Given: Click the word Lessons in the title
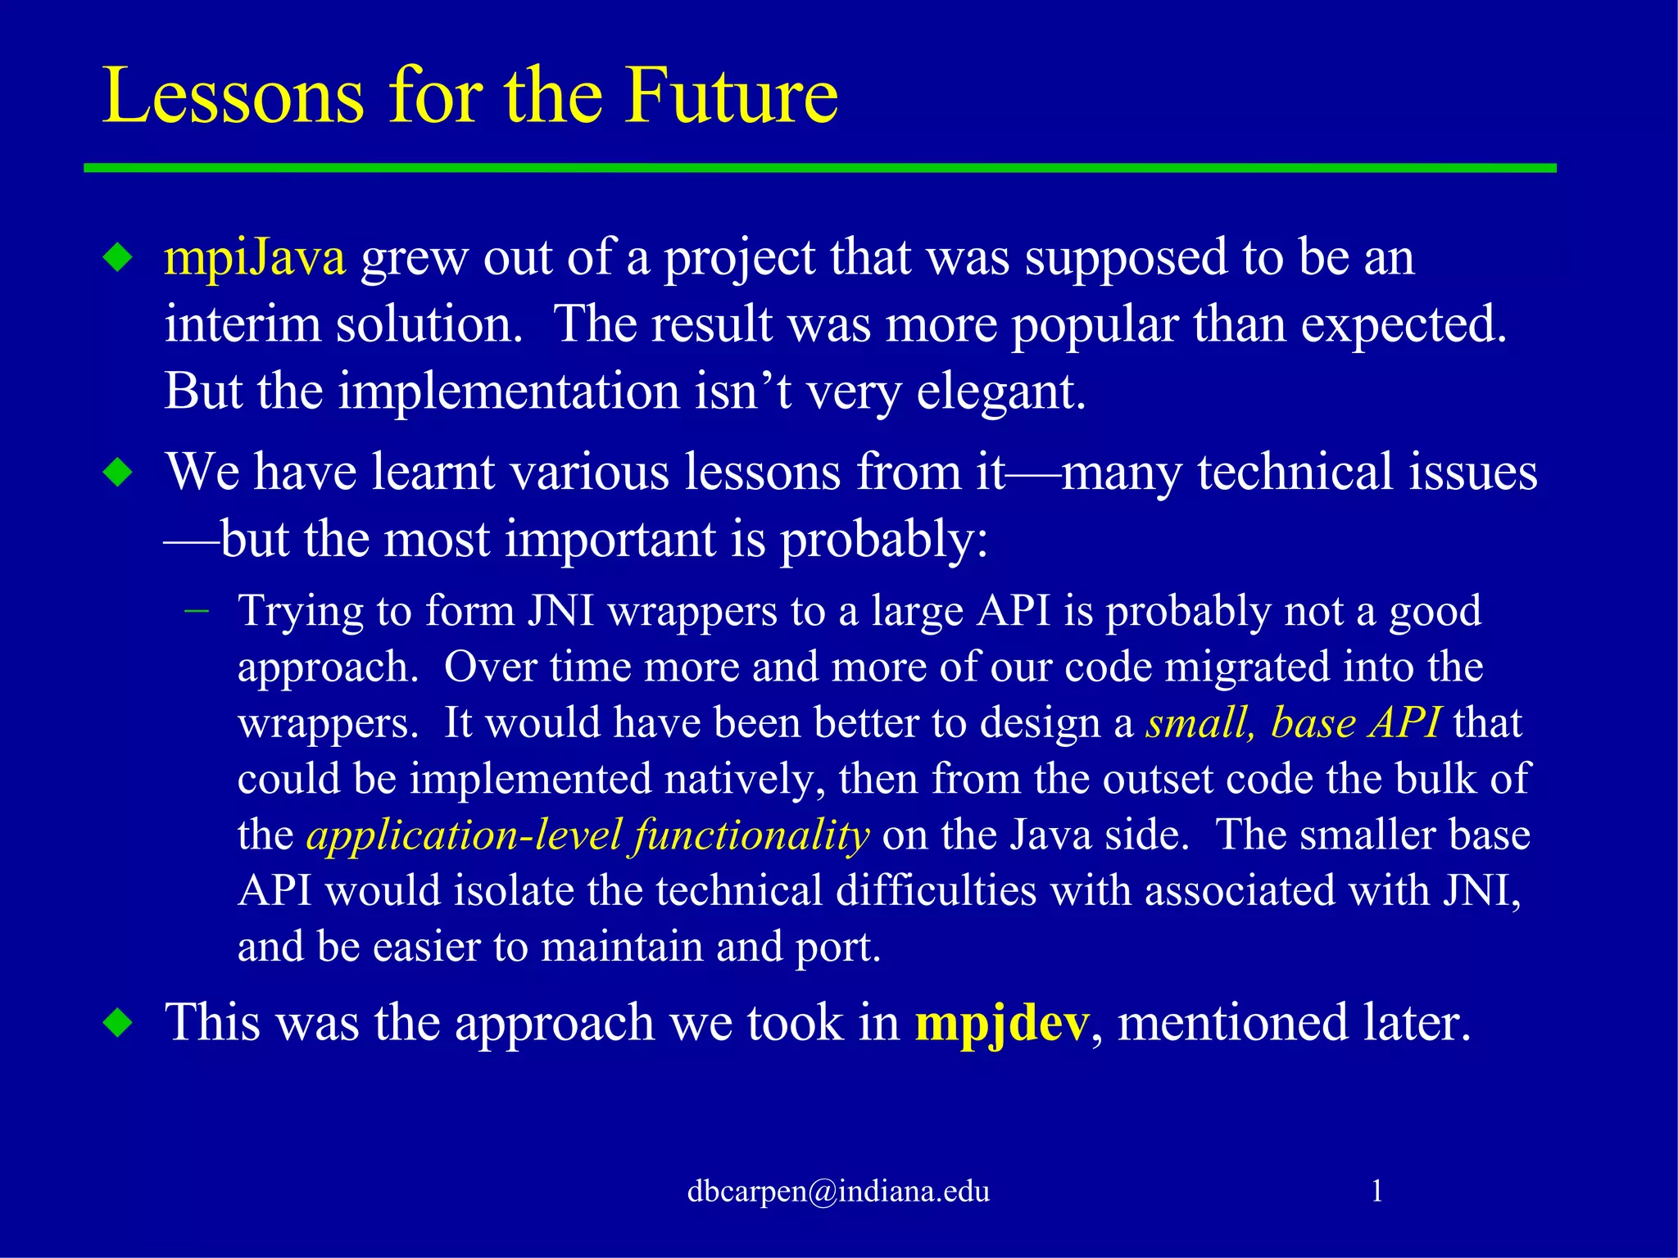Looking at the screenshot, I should point(233,97).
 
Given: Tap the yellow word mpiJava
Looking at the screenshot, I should point(255,258).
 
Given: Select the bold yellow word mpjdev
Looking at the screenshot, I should point(1001,1024).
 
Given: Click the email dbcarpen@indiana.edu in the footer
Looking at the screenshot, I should point(838,1191).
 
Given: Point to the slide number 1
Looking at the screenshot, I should point(1376,1190).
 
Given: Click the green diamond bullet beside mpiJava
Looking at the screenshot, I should point(119,259).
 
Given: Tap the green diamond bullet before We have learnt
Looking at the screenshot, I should point(119,473).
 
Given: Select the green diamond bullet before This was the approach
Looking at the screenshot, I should point(119,1023).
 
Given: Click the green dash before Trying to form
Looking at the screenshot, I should point(197,611).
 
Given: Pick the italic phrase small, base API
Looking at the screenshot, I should point(1292,723).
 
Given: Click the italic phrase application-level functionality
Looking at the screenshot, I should point(587,835).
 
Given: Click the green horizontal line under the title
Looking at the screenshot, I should point(819,168).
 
